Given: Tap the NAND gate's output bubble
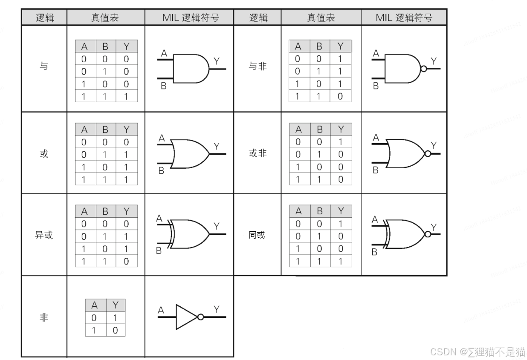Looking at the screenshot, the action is [424, 69].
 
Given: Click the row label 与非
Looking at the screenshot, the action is [258, 66].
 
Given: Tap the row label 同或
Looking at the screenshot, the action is [257, 235].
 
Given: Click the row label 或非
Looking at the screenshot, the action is [258, 153].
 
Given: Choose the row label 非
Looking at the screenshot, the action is [44, 318].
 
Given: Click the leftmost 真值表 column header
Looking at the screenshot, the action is [105, 18].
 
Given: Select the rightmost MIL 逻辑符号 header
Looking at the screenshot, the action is [404, 18].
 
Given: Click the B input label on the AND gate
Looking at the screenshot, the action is [163, 86].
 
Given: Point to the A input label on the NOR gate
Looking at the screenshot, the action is [376, 138].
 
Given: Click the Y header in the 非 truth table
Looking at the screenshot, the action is [115, 305].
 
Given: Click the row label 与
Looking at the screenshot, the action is [44, 67].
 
